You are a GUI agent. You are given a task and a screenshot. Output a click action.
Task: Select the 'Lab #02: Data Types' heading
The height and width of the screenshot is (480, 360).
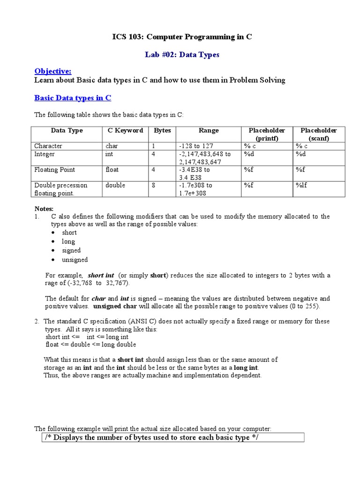click(x=182, y=54)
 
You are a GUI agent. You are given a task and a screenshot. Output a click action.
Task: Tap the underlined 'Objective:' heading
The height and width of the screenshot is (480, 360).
click(x=53, y=71)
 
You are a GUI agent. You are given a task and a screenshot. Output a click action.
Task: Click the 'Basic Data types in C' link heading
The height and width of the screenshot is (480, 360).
click(x=73, y=98)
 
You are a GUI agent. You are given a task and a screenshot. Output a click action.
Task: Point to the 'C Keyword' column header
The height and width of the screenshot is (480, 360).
click(x=122, y=130)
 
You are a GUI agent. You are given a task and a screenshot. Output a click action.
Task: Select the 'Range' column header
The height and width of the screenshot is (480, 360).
click(x=209, y=130)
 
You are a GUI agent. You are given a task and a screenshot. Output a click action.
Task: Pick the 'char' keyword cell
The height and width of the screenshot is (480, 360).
click(x=112, y=146)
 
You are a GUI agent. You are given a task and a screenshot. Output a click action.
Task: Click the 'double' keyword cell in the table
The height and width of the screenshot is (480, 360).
click(x=115, y=185)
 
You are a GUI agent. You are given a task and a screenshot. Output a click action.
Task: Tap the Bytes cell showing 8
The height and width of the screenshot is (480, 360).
click(x=153, y=185)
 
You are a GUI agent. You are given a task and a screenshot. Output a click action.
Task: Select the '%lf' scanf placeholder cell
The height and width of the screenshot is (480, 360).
click(x=301, y=185)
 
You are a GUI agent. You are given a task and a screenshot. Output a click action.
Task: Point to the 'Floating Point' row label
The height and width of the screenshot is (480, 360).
click(x=54, y=170)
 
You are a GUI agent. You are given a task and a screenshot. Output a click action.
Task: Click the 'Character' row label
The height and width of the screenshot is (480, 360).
click(x=48, y=146)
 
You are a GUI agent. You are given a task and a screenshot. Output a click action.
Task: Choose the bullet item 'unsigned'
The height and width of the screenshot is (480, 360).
click(x=75, y=259)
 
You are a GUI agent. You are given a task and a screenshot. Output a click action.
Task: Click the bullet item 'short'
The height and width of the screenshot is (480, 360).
click(x=69, y=232)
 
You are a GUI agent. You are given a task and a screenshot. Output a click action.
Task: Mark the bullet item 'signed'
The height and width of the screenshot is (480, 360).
click(x=71, y=250)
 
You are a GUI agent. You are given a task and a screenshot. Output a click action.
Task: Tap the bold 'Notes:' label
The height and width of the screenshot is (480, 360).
click(x=45, y=208)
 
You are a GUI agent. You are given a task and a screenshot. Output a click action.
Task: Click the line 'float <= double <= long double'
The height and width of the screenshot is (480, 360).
click(x=91, y=345)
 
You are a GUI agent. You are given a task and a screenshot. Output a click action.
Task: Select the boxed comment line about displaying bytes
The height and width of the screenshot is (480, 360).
click(x=152, y=437)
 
